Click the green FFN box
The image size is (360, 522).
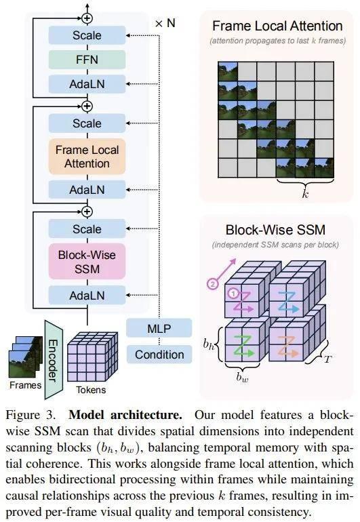click(x=87, y=59)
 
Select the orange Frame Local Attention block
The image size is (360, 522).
click(x=87, y=156)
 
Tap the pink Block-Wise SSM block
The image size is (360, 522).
click(x=87, y=262)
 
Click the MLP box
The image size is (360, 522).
click(x=159, y=329)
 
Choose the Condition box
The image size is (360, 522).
click(x=159, y=354)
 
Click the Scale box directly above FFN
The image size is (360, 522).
click(x=87, y=35)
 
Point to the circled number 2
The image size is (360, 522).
click(x=212, y=284)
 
